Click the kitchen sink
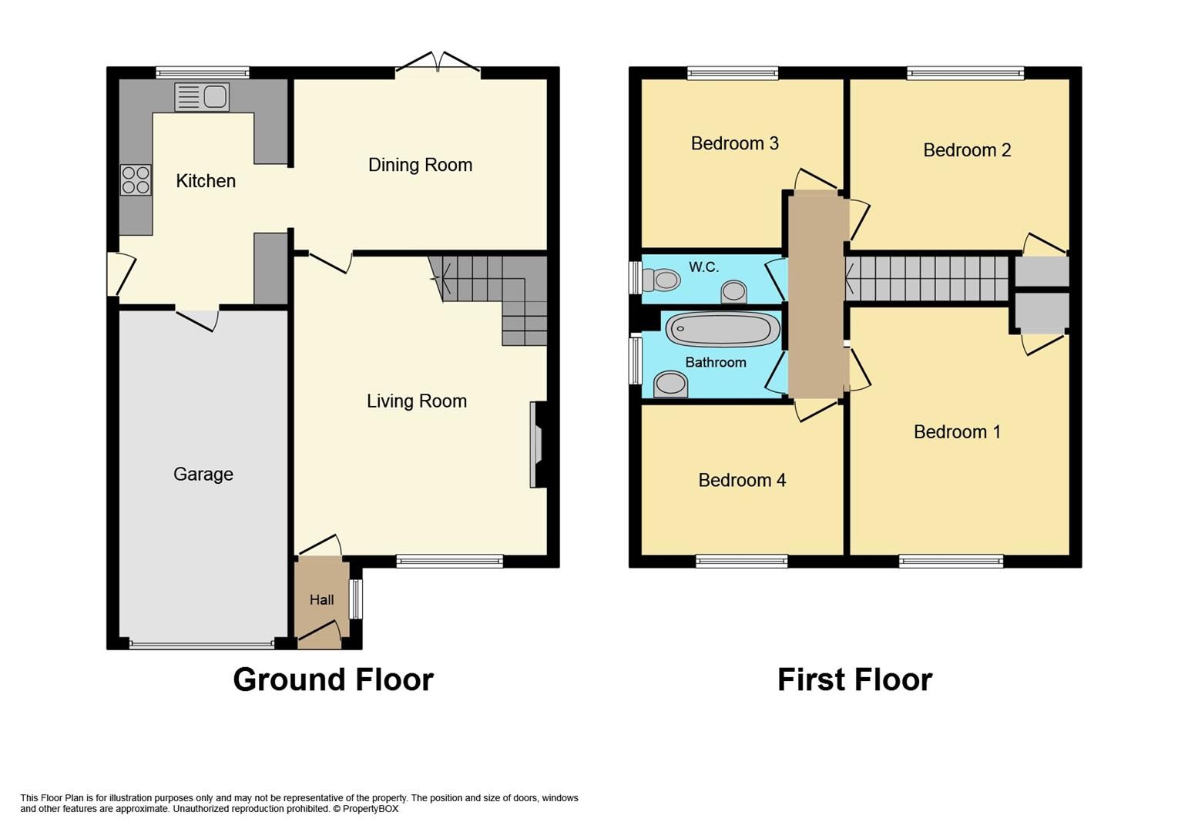pos(202,96)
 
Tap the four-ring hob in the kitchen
pos(136,180)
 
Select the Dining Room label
pos(420,165)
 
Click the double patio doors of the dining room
pos(438,67)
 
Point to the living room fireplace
pos(536,445)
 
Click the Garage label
pos(203,475)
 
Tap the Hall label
pos(322,600)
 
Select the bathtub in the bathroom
pos(722,330)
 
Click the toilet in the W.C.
pos(660,280)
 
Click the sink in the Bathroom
pos(670,384)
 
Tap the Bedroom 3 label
pos(734,143)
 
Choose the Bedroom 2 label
pos(967,150)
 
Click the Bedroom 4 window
pos(741,562)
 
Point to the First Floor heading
pos(854,680)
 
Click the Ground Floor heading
pos(333,680)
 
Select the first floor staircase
pos(927,278)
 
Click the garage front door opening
pos(202,644)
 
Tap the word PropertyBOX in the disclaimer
pos(371,809)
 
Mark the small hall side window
pos(356,599)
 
